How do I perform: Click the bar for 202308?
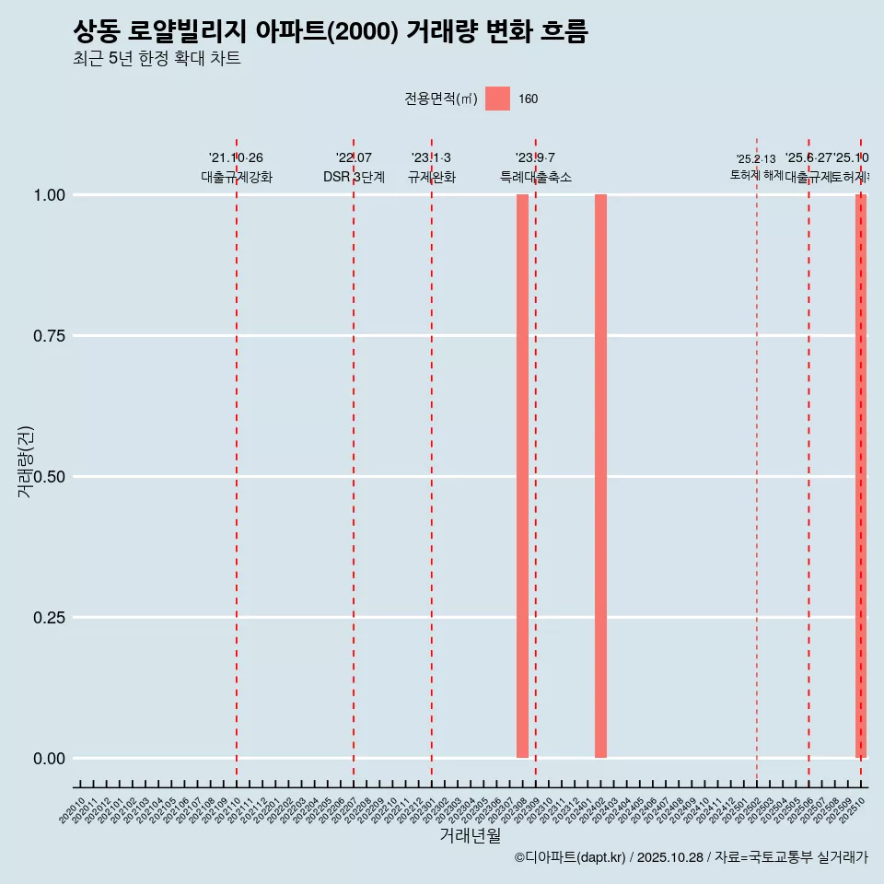coord(522,476)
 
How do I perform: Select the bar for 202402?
coord(600,476)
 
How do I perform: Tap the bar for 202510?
coord(861,476)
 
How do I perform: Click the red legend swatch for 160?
coord(497,99)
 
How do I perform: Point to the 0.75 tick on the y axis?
coord(51,336)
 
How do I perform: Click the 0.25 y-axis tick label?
coord(51,618)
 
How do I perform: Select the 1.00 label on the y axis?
coord(51,195)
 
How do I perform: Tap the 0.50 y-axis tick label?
coord(51,477)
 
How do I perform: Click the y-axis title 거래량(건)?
coord(25,462)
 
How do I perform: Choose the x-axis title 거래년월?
coord(470,836)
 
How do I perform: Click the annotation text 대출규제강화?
coord(237,177)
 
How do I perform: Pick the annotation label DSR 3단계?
coord(354,177)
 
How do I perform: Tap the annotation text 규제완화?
coord(432,177)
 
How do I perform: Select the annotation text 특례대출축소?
coord(536,177)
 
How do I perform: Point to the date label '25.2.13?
coord(756,159)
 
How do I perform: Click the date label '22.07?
coord(354,158)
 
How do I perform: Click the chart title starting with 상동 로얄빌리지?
coord(330,32)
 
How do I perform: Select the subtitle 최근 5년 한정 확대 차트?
coord(157,59)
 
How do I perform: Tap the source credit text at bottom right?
coord(691,857)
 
